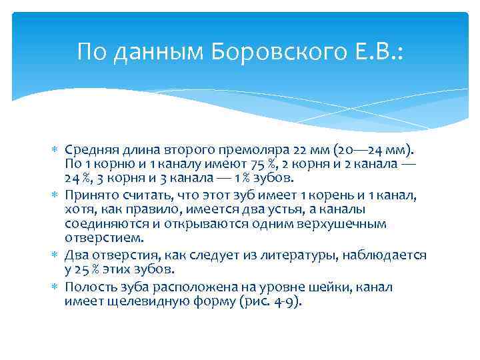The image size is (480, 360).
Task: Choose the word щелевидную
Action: click(149, 301)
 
